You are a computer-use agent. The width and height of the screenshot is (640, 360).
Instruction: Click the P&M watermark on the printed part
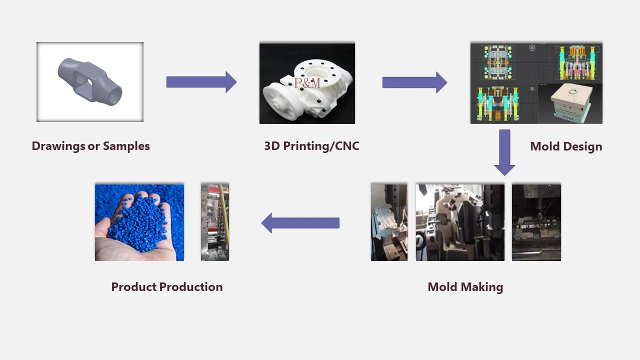pos(307,83)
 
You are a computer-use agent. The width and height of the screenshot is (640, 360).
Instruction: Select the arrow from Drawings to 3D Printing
pos(201,82)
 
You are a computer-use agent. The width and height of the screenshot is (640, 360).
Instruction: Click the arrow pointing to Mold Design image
pos(414,82)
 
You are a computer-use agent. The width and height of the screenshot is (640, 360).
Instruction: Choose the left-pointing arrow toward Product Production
pos(300,223)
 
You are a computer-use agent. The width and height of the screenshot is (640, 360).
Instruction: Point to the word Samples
pos(126,146)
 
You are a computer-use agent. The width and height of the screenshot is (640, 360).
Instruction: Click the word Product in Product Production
pos(132,287)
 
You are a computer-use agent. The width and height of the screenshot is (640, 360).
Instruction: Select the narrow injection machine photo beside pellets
pos(215,222)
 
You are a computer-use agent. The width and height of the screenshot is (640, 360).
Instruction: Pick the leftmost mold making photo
pos(389,222)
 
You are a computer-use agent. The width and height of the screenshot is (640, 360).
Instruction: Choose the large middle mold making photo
pos(460,222)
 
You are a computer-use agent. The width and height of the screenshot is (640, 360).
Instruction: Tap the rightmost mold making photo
pos(536,222)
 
